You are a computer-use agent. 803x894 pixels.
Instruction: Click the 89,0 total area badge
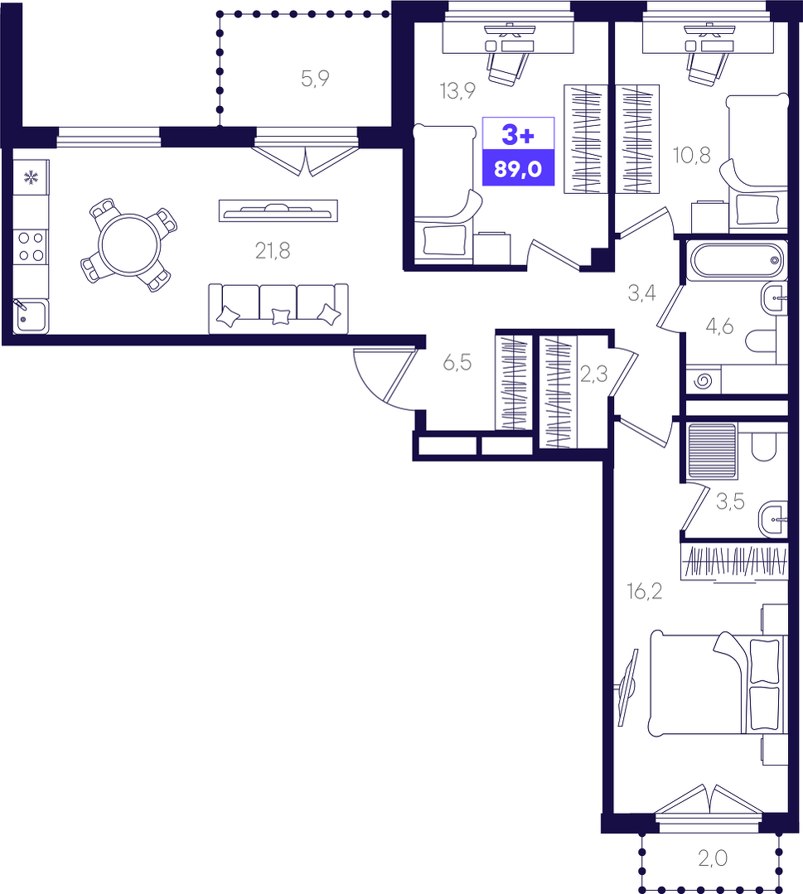518,169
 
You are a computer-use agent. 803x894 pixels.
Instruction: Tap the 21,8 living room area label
273,250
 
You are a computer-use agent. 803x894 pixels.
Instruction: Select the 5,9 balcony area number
315,79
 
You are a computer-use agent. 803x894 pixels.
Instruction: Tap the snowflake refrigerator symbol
31,177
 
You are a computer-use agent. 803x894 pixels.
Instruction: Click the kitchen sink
31,317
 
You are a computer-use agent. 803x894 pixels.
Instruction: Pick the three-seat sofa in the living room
278,308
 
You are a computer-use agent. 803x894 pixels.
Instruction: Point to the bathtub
737,261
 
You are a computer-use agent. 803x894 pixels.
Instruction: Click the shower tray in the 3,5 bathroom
713,450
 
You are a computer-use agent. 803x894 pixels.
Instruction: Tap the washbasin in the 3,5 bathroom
773,519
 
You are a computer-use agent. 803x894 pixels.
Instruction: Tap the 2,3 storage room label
593,374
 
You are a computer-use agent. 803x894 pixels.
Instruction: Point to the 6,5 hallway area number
457,362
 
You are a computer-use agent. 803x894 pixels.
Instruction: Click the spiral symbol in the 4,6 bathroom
704,380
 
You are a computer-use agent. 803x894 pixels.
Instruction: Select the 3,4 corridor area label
641,293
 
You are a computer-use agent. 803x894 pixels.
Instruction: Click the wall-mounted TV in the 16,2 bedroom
628,688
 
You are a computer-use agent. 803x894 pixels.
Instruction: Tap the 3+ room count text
518,135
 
